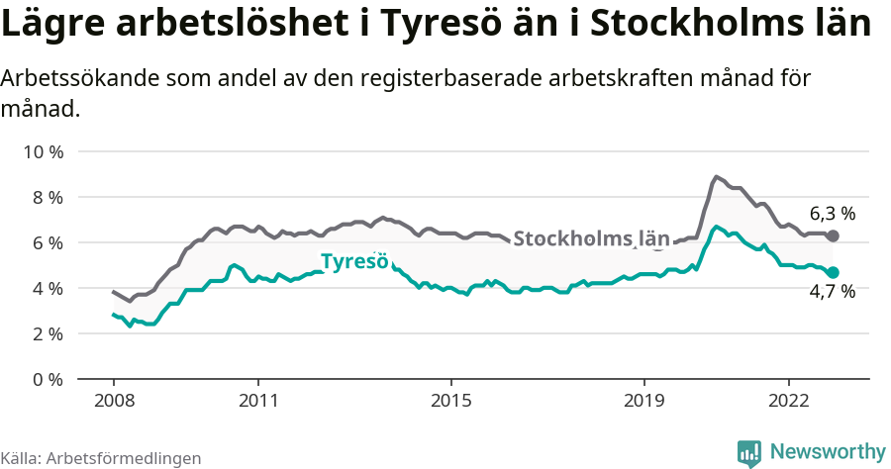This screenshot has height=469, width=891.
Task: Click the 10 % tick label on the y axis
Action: (43, 151)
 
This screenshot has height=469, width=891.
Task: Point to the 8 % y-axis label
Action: (47, 197)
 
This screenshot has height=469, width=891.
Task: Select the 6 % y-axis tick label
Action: (47, 242)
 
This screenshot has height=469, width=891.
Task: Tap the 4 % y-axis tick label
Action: (47, 288)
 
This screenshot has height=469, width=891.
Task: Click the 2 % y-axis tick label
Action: (47, 333)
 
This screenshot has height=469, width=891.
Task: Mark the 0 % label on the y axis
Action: (47, 379)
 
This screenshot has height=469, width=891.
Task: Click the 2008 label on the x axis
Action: (113, 402)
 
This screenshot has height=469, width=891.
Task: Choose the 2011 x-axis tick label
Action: (257, 402)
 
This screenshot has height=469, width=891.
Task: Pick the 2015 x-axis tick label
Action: (450, 402)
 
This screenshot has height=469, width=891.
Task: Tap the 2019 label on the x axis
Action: (643, 402)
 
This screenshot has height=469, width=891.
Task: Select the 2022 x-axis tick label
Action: (788, 402)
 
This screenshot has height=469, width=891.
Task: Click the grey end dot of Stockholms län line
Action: (833, 235)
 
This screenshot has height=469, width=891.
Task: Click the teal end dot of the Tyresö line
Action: (833, 272)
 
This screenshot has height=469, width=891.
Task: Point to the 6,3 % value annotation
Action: (832, 213)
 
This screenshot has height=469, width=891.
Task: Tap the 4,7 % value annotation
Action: (832, 292)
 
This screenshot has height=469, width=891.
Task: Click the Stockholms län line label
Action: (591, 238)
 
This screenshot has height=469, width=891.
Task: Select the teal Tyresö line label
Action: (353, 262)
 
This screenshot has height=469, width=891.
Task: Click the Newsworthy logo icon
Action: (749, 452)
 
